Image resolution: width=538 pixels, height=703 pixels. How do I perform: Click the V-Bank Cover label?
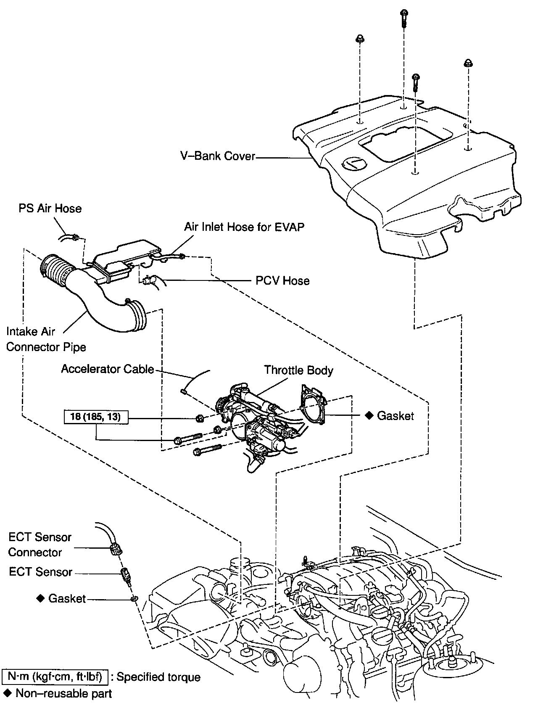click(x=218, y=156)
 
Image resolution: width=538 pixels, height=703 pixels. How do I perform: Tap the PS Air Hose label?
click(x=50, y=209)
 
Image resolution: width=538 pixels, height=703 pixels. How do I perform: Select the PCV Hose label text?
click(x=282, y=280)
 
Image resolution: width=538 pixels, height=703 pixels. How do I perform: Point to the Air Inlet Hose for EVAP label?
click(x=244, y=227)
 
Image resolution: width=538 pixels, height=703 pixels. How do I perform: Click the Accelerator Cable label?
click(x=108, y=369)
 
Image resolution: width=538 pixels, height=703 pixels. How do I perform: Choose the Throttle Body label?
click(x=298, y=370)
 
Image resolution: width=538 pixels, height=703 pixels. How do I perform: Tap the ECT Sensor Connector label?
click(x=40, y=544)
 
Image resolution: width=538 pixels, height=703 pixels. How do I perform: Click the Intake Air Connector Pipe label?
click(x=46, y=339)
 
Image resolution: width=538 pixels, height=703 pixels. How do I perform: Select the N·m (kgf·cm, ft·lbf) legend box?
click(x=55, y=677)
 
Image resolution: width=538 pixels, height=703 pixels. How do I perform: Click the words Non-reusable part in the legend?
click(x=64, y=693)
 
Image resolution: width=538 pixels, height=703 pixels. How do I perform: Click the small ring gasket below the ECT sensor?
click(x=134, y=598)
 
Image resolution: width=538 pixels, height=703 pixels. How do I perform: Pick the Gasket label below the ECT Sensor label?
click(x=67, y=598)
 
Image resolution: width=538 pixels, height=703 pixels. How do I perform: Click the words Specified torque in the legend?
click(x=158, y=677)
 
